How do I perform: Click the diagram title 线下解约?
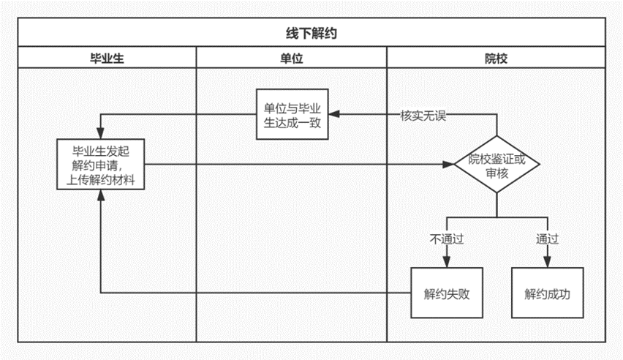[x=311, y=33]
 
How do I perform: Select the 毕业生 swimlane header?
[x=107, y=59]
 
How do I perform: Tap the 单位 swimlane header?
[x=292, y=59]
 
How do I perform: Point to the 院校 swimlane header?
[x=496, y=59]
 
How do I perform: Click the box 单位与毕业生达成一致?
[x=292, y=114]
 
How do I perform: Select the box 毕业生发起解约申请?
[x=100, y=165]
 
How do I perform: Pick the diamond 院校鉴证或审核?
[x=496, y=165]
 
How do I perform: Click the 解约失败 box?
[x=447, y=293]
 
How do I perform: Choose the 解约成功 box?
[x=547, y=293]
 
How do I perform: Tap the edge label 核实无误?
[x=423, y=116]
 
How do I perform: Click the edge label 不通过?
[x=447, y=239]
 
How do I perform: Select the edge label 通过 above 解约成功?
[x=547, y=239]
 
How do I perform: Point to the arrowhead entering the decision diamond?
[x=448, y=165]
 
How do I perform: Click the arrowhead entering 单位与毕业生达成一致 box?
[x=334, y=114]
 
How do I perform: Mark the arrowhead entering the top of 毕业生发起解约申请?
[x=100, y=133]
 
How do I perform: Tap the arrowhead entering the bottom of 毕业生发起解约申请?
[x=100, y=195]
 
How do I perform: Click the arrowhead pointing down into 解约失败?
[x=447, y=262]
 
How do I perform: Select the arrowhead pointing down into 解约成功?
[x=547, y=262]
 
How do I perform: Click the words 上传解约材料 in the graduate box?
[x=100, y=180]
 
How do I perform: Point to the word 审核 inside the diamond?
[x=496, y=173]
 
